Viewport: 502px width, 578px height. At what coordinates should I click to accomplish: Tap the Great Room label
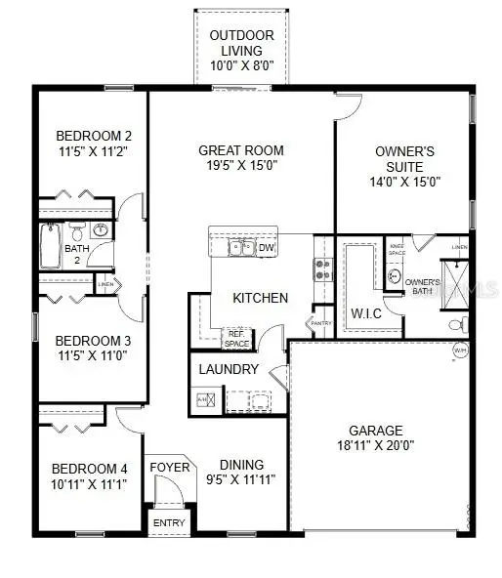241,150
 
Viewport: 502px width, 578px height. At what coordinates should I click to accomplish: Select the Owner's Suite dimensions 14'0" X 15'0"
405,181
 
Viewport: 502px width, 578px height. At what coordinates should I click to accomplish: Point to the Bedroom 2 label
94,136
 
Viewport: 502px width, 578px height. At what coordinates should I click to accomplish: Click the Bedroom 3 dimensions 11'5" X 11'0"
94,356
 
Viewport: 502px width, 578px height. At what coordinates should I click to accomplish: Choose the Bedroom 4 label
89,467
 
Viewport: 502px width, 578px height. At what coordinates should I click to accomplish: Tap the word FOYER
169,468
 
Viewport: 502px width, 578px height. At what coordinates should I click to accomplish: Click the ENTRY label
169,523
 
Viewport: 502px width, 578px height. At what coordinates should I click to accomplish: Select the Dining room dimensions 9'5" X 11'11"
241,479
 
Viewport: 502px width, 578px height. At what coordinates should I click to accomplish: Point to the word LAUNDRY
229,369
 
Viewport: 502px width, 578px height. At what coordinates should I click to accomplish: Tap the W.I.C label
367,313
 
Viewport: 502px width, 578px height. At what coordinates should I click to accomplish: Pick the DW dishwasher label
267,248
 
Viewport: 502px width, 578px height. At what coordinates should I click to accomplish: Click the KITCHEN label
260,297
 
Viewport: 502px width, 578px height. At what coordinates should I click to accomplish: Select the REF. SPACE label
237,337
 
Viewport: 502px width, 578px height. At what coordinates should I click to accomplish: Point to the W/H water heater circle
460,350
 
